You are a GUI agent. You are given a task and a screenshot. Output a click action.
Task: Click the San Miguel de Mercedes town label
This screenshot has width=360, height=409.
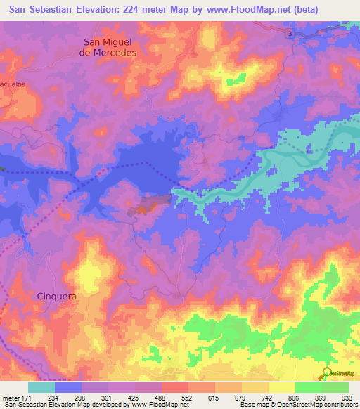(109, 46)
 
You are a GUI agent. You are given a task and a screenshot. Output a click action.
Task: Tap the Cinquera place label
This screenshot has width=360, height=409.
(56, 297)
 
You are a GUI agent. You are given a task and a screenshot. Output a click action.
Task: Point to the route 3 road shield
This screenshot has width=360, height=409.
(289, 33)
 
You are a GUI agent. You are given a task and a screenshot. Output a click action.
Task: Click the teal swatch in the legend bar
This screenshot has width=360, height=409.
(41, 387)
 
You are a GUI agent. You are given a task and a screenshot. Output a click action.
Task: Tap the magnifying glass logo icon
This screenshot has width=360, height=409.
(326, 372)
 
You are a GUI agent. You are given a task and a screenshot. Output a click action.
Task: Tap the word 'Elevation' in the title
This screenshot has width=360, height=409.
(91, 10)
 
